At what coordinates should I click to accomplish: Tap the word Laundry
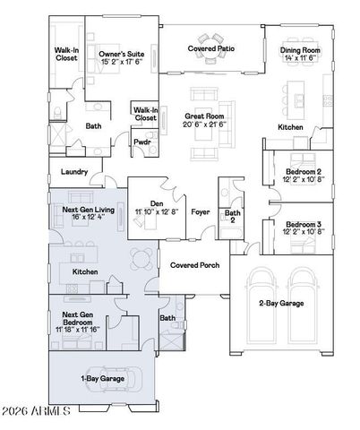74,172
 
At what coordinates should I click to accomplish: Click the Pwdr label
142,142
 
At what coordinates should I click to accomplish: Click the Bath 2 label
232,216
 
